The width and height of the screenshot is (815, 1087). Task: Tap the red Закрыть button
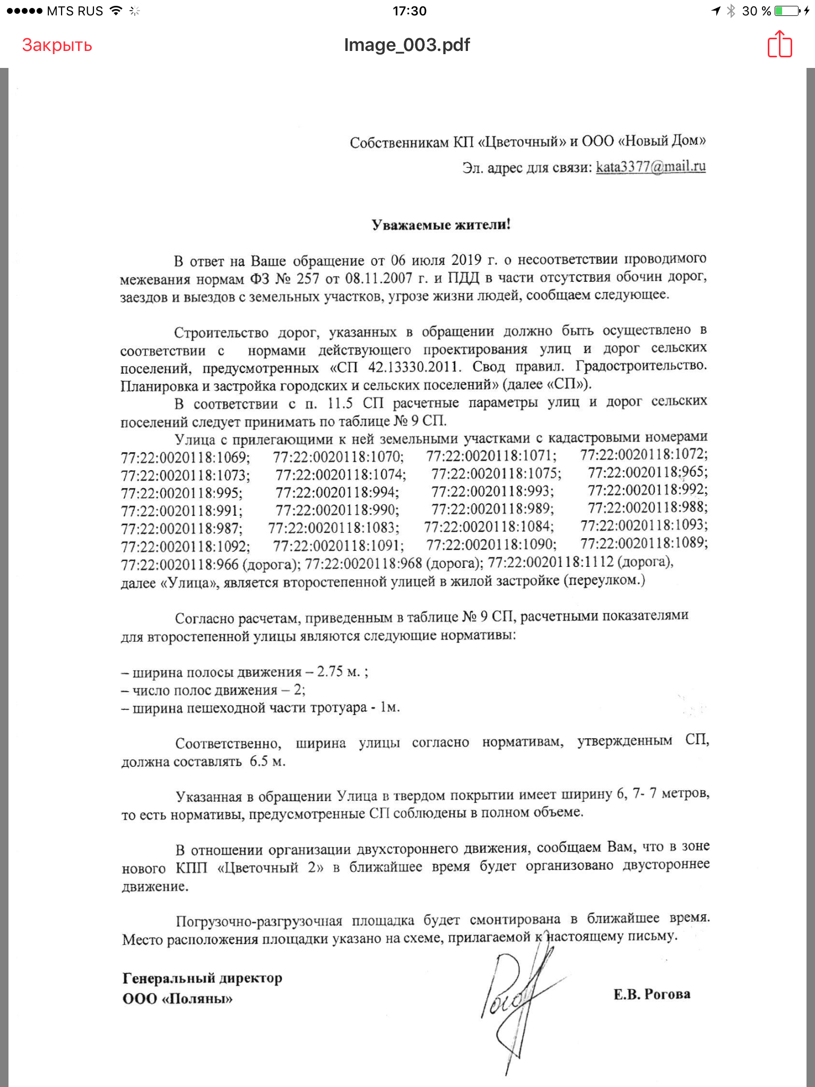click(x=57, y=45)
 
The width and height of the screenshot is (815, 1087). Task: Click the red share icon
click(x=779, y=44)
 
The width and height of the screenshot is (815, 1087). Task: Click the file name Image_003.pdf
click(x=407, y=45)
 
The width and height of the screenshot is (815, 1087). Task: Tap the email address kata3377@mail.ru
click(x=651, y=167)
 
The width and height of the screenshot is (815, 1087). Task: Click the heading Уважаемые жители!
click(x=441, y=225)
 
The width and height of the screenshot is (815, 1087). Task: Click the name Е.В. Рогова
click(x=652, y=994)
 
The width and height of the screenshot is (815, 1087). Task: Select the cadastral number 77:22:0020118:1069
click(x=185, y=457)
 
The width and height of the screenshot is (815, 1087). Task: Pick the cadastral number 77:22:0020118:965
click(x=647, y=472)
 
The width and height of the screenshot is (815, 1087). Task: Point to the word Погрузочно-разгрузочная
click(x=259, y=921)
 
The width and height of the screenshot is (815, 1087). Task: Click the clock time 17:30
click(x=409, y=11)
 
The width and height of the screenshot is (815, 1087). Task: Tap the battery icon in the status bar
click(x=787, y=11)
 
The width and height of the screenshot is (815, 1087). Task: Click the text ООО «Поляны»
click(x=177, y=999)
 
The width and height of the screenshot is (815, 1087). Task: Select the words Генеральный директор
click(x=202, y=978)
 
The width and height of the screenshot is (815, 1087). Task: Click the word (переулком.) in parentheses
click(x=604, y=580)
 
